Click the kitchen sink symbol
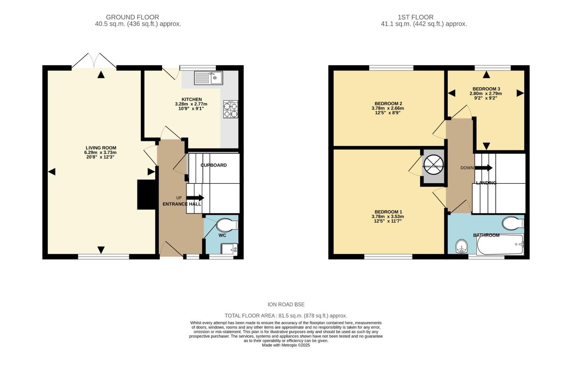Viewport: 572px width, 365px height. point(208,78)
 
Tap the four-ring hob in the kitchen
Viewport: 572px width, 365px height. point(231,109)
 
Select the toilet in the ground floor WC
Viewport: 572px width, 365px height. point(227,225)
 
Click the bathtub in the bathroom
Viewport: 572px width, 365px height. point(500,245)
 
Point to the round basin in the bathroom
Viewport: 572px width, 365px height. point(461,246)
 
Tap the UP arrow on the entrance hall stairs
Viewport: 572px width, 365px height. point(195,198)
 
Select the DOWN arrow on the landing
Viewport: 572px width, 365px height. point(484,168)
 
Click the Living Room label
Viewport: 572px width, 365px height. point(101,148)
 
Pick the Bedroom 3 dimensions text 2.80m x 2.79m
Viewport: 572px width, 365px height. point(485,94)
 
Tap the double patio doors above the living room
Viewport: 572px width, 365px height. point(94,61)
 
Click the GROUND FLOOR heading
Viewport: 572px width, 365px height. point(132,17)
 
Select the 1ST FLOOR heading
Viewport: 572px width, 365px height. point(415,17)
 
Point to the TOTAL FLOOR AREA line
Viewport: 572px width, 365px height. point(286,316)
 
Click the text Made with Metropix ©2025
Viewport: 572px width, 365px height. point(286,345)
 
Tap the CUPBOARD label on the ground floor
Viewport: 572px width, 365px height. point(213,165)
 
